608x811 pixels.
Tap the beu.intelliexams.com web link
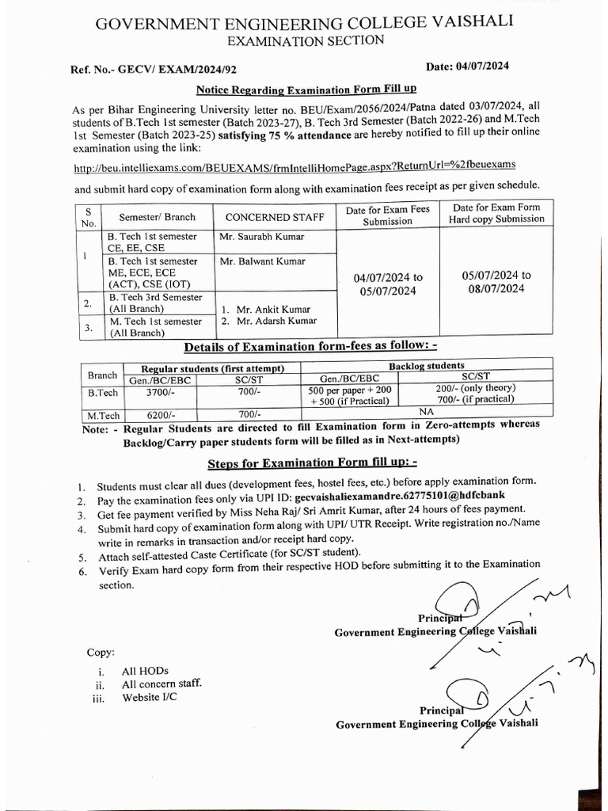[x=294, y=165]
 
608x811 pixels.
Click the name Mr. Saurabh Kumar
[x=262, y=236]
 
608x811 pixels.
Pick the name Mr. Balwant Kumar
[x=261, y=261]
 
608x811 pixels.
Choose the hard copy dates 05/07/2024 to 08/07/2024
[x=496, y=281]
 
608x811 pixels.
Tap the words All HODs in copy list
[x=145, y=671]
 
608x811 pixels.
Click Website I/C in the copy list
[x=150, y=697]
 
